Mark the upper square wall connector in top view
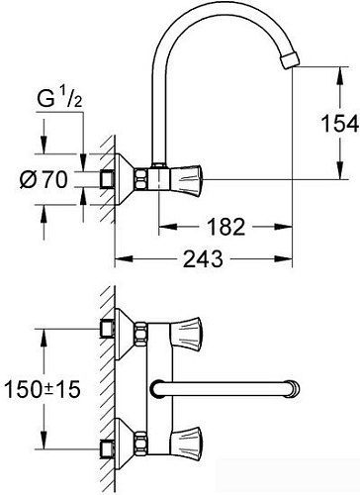pos(106,330)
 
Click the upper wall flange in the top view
pos(124,330)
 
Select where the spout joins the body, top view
pos(158,385)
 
